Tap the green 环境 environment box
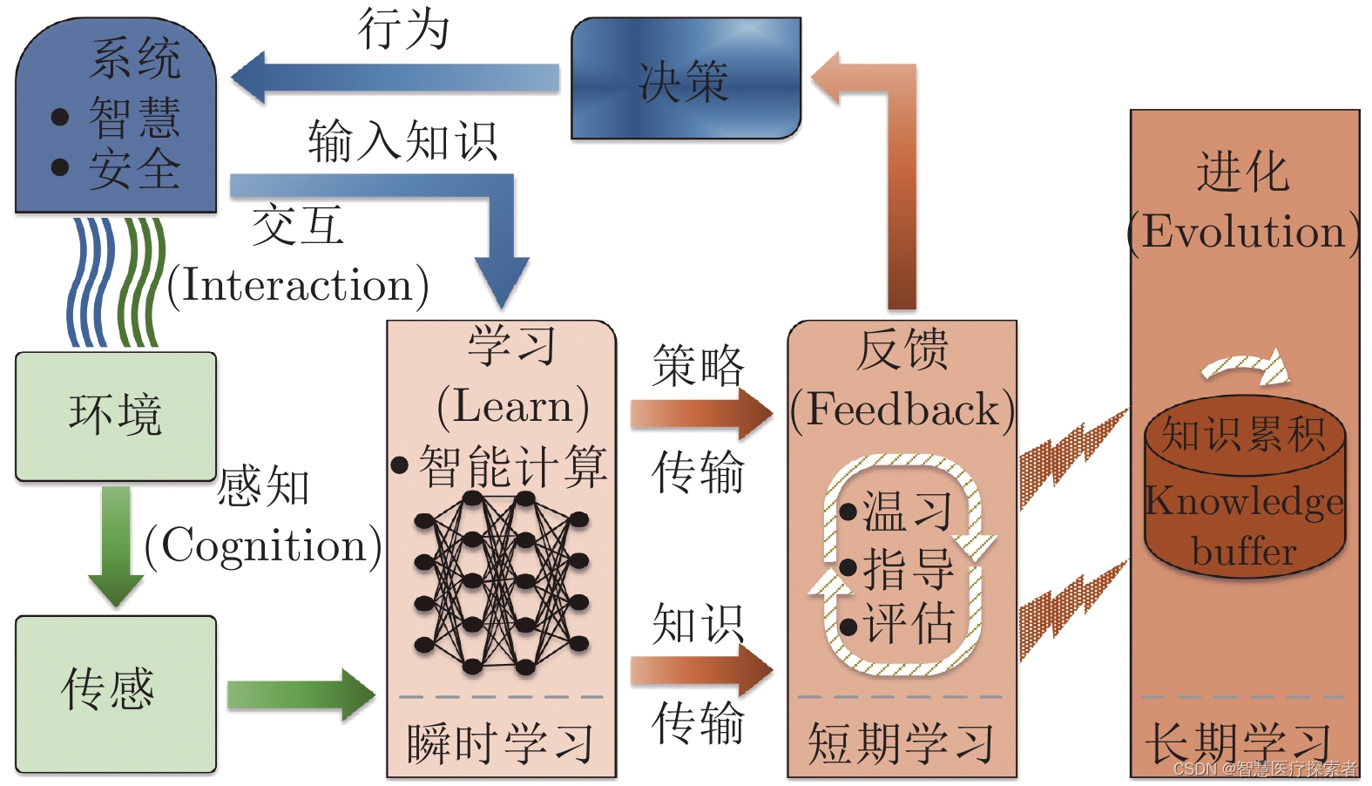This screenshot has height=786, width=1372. pyautogui.click(x=116, y=416)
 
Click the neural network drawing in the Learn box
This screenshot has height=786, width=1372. pyautogui.click(x=501, y=582)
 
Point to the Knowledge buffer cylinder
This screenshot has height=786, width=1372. pyautogui.click(x=1244, y=492)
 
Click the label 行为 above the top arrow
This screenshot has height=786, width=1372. pyautogui.click(x=403, y=29)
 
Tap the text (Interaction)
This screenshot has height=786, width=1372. pyautogui.click(x=297, y=286)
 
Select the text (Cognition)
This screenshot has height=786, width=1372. pyautogui.click(x=262, y=546)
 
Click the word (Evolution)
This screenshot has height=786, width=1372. pyautogui.click(x=1243, y=233)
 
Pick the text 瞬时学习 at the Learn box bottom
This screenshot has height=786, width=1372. pyautogui.click(x=500, y=743)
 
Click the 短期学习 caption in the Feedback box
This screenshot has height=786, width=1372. pyautogui.click(x=901, y=743)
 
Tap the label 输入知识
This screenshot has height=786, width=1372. pyautogui.click(x=402, y=141)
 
